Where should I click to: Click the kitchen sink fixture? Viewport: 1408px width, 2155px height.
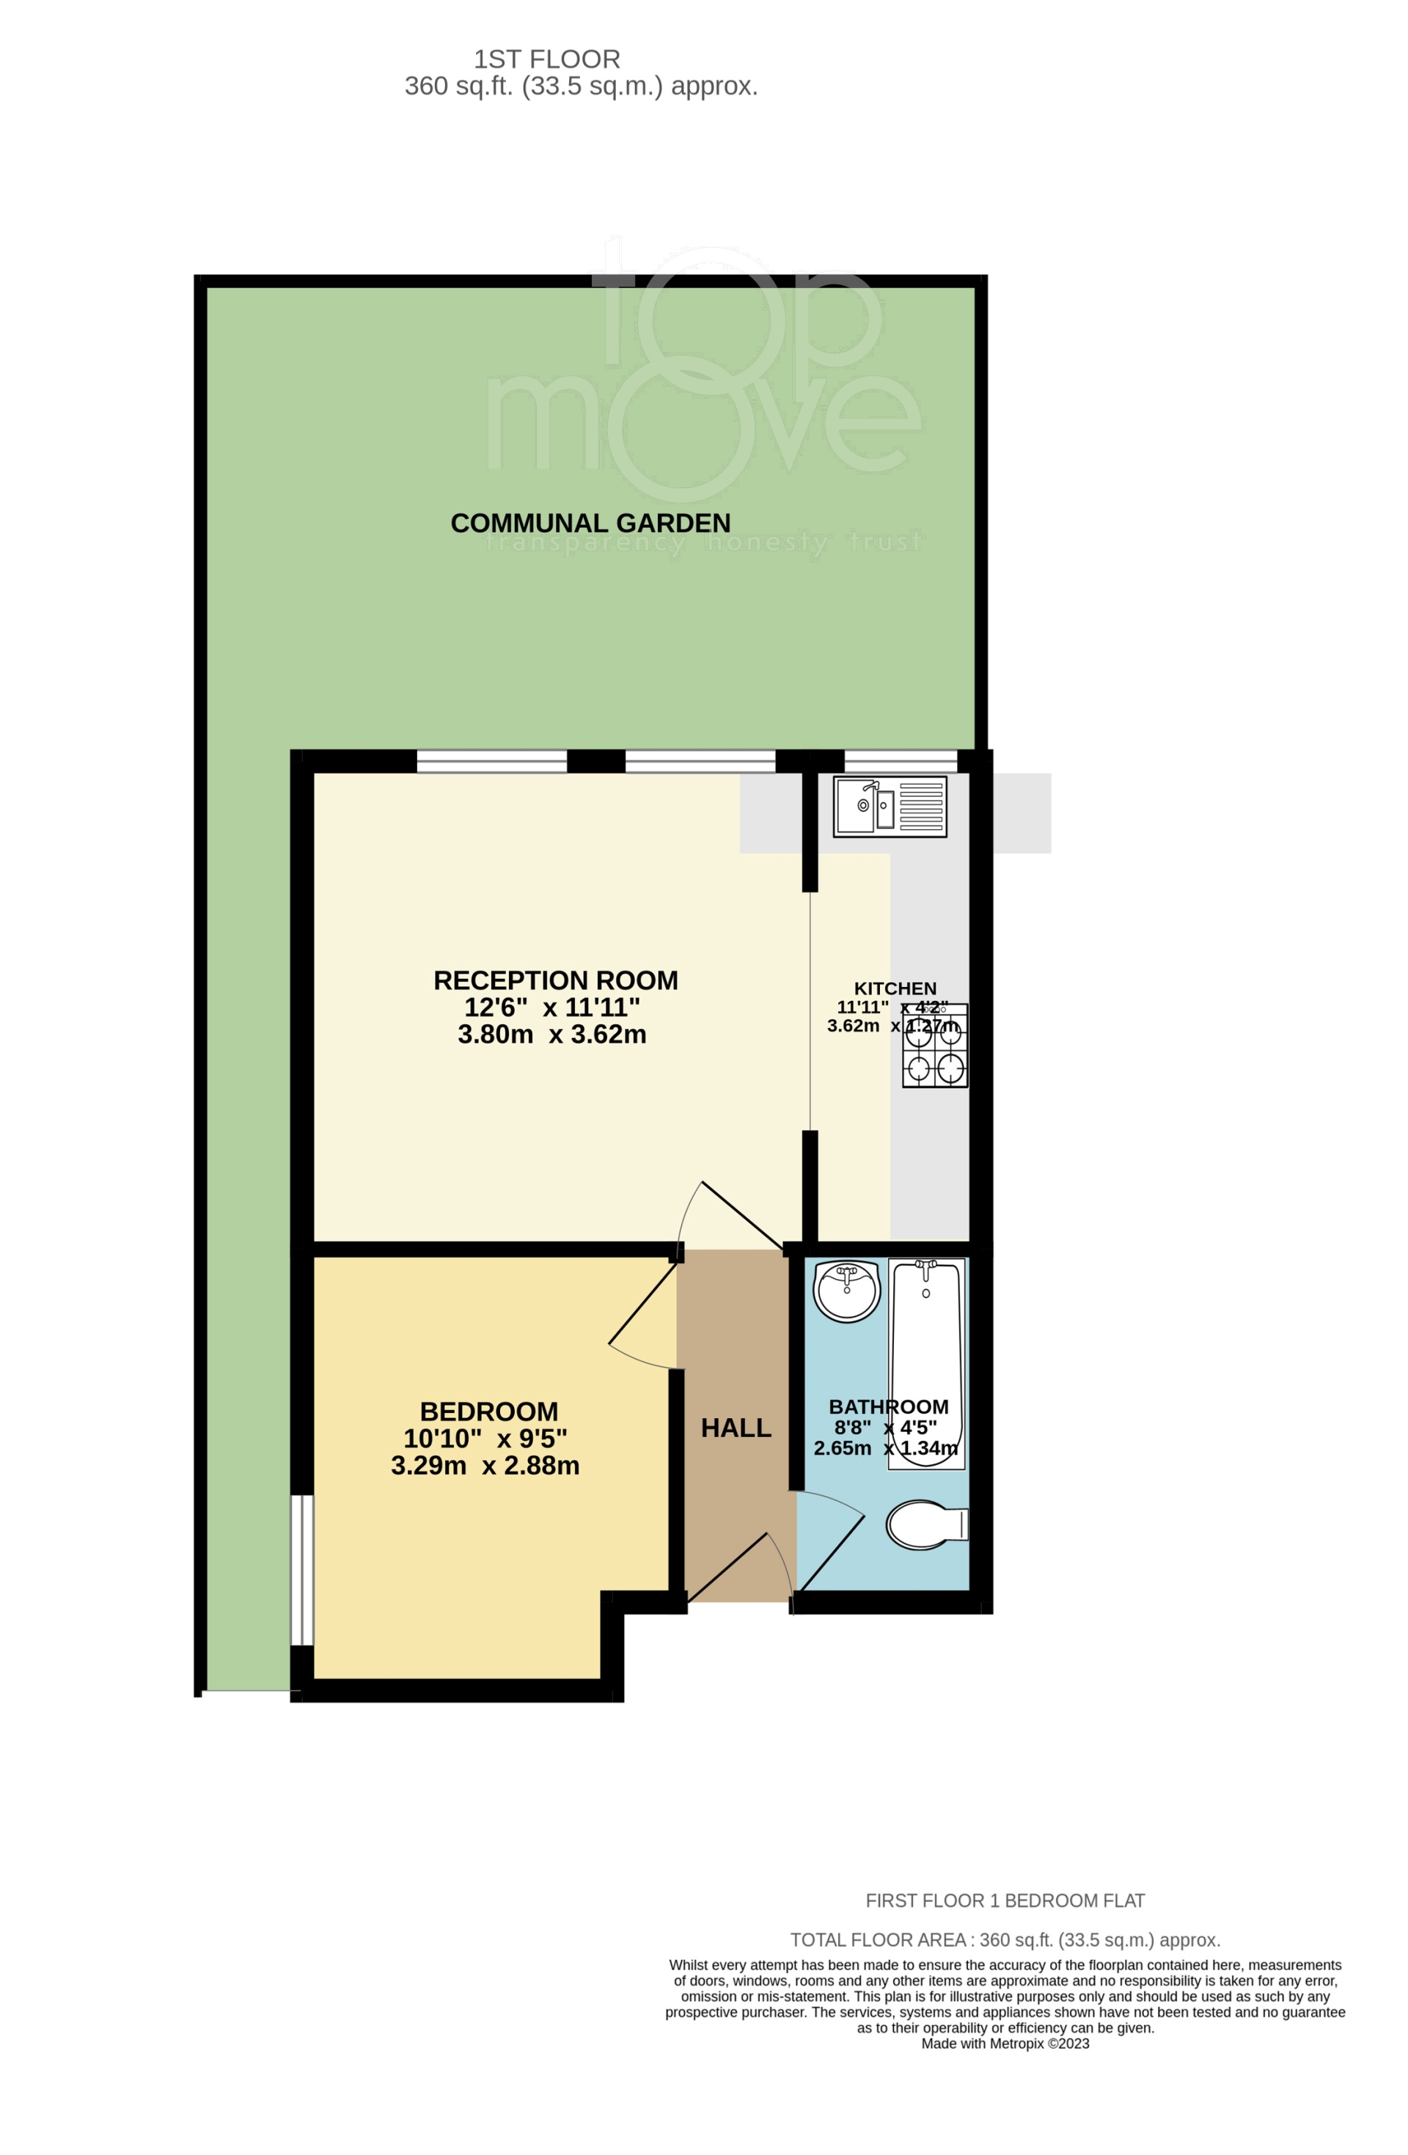[890, 806]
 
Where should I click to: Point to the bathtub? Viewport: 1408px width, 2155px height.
[926, 1364]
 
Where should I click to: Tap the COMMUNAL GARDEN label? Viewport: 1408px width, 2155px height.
[590, 524]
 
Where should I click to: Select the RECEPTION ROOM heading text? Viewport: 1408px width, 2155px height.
[556, 980]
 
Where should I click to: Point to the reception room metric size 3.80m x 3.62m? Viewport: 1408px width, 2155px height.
[552, 1034]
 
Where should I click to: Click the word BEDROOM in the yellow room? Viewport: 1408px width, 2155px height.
[489, 1411]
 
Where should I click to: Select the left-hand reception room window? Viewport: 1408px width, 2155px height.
[491, 762]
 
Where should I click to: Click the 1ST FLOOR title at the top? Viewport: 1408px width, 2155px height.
[547, 60]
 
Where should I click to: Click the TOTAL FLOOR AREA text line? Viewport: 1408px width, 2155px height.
[1005, 1940]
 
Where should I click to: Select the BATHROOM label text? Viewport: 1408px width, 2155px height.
[888, 1407]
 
